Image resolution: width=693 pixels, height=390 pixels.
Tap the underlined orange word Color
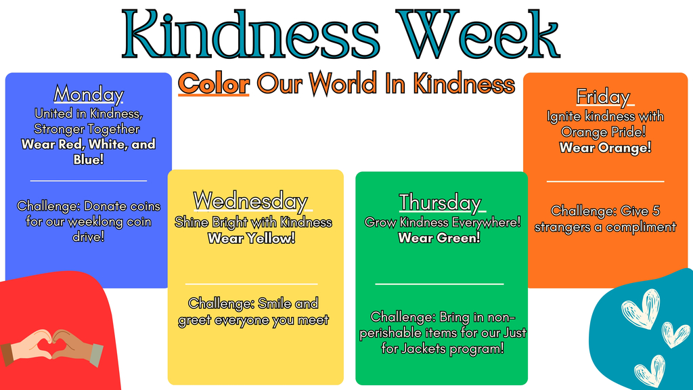click(x=214, y=84)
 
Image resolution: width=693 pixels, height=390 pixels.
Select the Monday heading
click(x=89, y=93)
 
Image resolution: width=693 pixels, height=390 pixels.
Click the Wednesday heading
click(x=250, y=201)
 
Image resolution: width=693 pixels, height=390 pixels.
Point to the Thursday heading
click(x=440, y=202)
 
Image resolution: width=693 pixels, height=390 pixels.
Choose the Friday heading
click(x=603, y=97)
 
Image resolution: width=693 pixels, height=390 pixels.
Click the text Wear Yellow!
click(x=251, y=238)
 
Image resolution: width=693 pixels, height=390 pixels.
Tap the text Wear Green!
click(x=439, y=238)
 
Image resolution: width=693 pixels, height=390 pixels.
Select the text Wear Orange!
click(x=605, y=147)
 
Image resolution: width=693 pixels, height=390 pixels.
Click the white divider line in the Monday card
click(x=89, y=181)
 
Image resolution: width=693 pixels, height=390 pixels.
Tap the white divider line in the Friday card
click(x=605, y=181)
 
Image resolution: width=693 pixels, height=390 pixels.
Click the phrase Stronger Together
click(x=87, y=129)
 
